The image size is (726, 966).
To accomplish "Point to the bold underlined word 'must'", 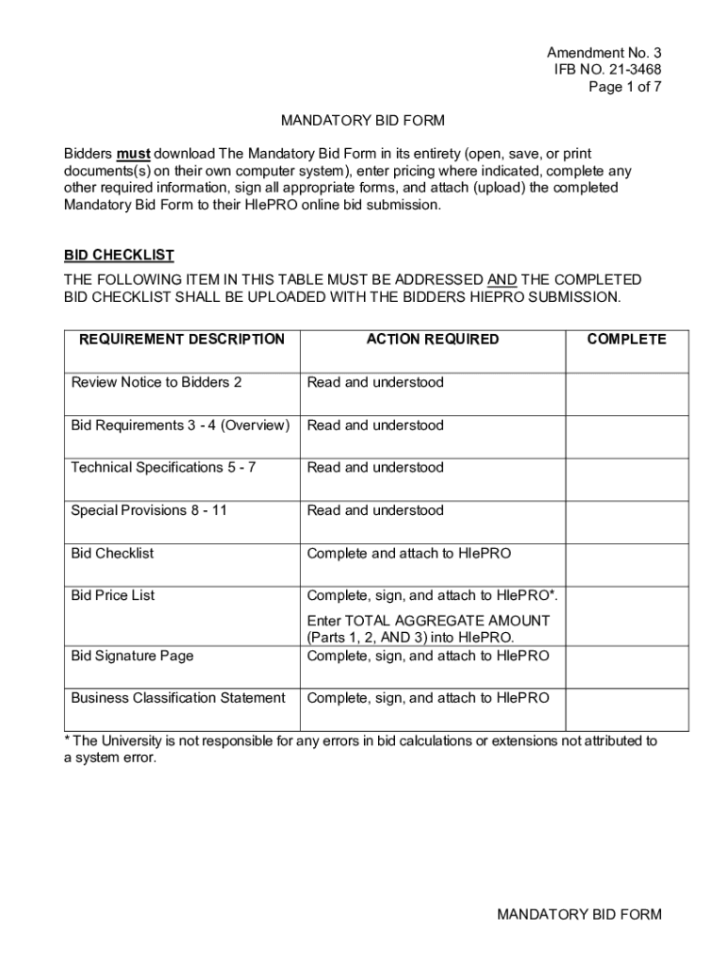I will pos(133,154).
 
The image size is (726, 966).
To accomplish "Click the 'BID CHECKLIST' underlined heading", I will pos(119,256).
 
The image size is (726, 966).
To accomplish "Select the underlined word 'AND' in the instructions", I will pos(502,280).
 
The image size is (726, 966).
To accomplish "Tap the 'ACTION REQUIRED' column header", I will pos(433,340).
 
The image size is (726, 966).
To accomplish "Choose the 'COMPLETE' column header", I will pos(626,340).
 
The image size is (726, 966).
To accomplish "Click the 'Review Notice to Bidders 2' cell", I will pos(157,382).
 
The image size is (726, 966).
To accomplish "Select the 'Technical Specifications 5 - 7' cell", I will pos(163,467).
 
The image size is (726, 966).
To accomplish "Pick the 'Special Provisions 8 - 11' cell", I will pos(149,510).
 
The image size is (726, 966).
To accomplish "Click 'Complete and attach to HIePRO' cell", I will pos(408,553).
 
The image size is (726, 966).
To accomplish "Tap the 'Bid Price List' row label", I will pos(113,595).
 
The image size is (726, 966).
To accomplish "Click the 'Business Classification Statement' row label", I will pos(178,698).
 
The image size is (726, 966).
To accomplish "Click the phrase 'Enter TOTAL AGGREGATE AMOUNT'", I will pos(428,621).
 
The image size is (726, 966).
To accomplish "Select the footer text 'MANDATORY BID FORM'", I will pos(579,914).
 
